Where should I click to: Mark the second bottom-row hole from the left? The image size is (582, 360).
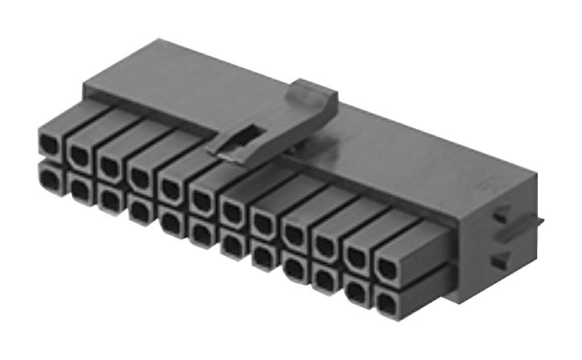click(80, 188)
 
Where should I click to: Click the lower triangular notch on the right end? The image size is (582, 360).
click(499, 260)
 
